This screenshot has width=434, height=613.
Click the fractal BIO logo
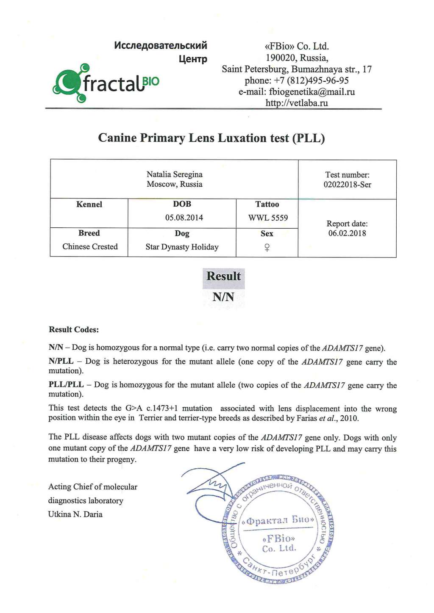[x=106, y=83]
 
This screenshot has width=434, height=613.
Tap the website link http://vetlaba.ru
[x=297, y=103]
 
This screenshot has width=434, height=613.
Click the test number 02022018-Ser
[x=347, y=185]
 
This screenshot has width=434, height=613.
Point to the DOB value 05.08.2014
[x=184, y=218]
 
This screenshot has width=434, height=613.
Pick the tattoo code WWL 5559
[x=268, y=218]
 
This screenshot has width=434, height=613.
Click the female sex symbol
[x=267, y=248]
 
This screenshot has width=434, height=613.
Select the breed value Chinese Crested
[x=90, y=247]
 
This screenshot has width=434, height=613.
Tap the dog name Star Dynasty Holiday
[x=182, y=247]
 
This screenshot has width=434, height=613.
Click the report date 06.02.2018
[x=347, y=233]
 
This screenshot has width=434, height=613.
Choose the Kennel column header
[x=89, y=204]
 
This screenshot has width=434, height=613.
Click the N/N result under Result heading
[x=223, y=297]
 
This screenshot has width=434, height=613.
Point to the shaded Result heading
[x=223, y=276]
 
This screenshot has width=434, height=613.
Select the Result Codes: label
[x=74, y=330]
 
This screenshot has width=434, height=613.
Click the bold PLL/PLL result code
[x=66, y=385]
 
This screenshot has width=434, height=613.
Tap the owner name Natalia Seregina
[x=175, y=174]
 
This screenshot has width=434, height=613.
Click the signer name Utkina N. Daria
[x=75, y=514]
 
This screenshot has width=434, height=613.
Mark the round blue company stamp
[x=278, y=529]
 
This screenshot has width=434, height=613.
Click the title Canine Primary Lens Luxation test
[x=211, y=138]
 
